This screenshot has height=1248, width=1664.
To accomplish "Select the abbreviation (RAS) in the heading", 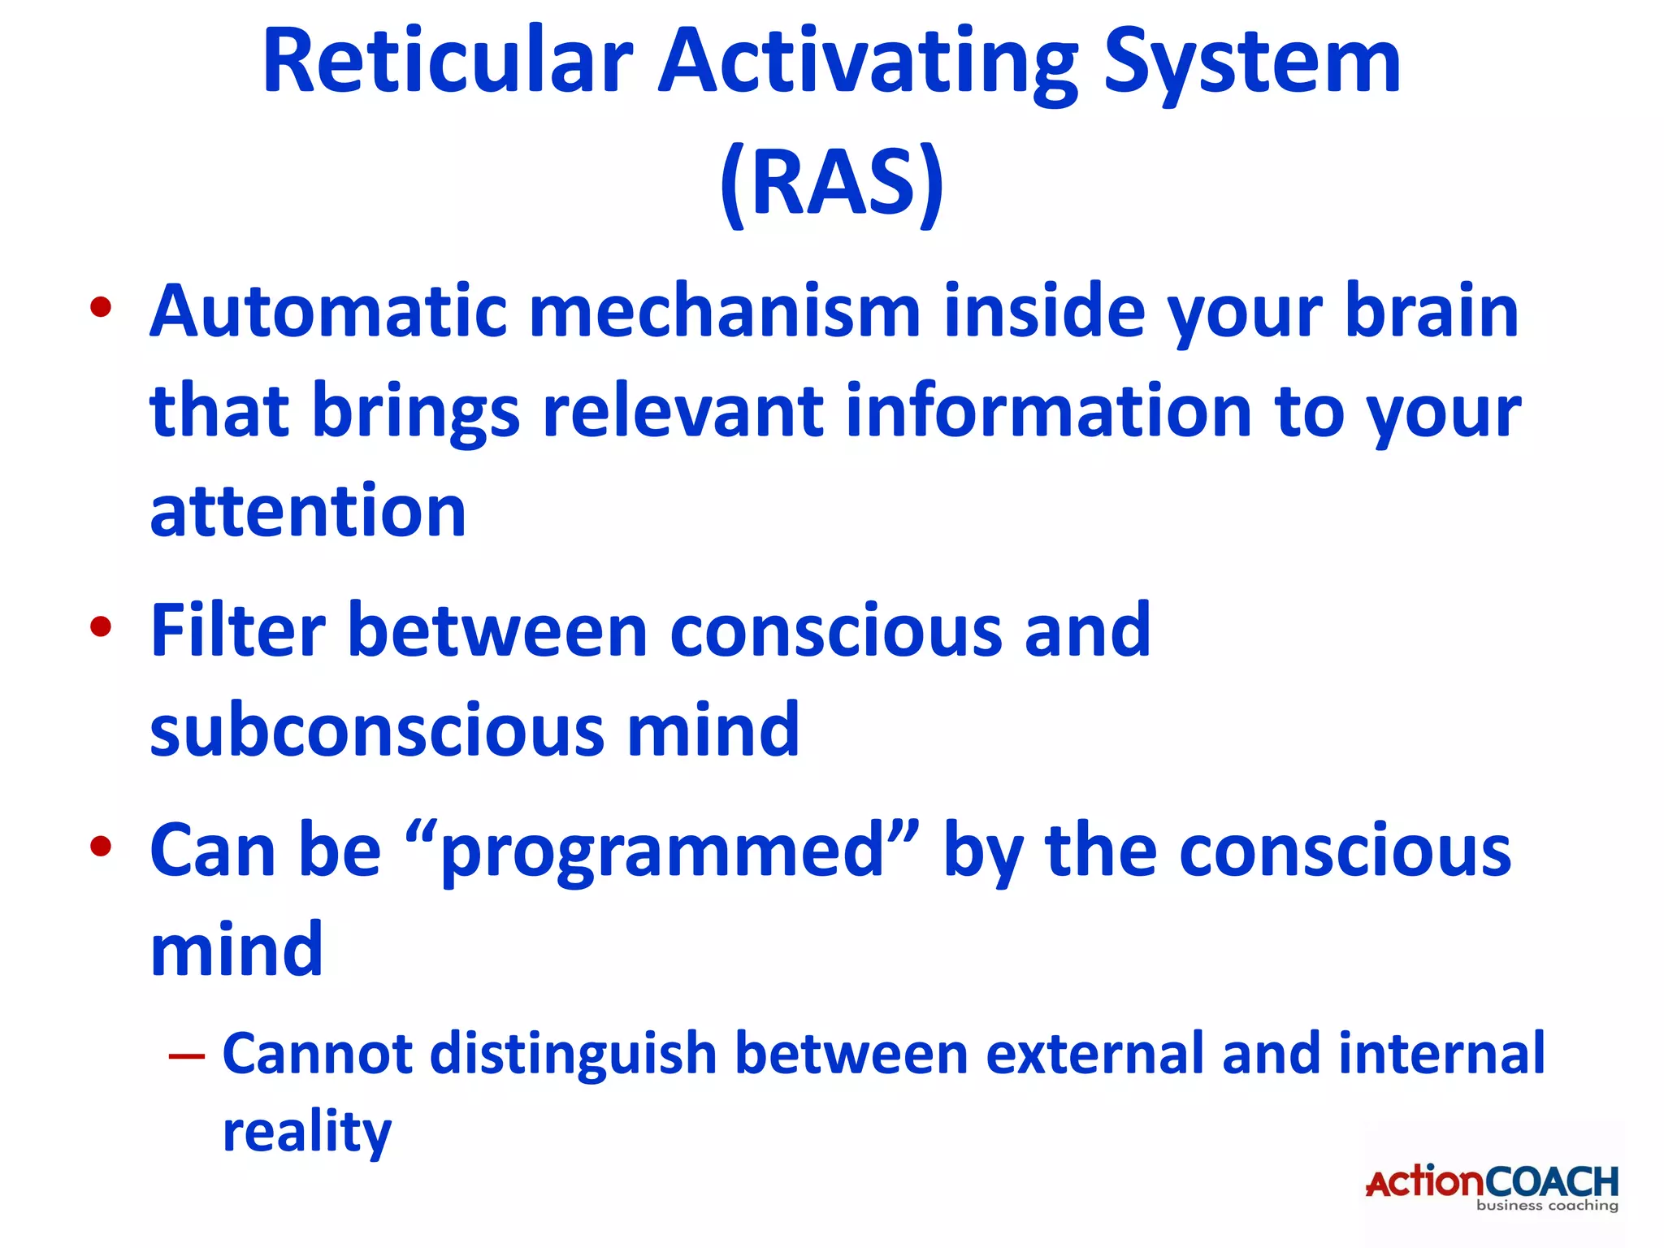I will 832,182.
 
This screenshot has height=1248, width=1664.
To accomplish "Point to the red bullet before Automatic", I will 101,307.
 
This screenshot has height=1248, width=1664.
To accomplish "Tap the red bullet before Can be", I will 101,847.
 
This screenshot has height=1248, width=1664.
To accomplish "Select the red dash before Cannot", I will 186,1056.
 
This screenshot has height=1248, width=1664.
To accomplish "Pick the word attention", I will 308,512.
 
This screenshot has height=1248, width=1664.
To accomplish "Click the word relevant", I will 682,411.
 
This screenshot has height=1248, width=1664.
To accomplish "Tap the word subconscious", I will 377,730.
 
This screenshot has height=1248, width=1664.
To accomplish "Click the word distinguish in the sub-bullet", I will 572,1055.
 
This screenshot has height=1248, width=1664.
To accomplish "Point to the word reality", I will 307,1133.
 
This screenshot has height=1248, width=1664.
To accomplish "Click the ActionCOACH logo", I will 1492,1182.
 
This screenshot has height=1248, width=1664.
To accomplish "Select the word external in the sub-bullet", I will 1094,1053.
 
